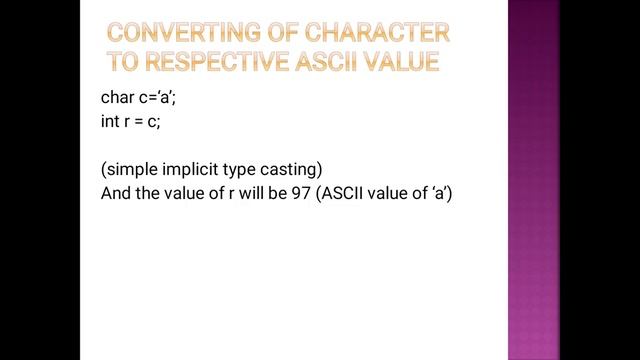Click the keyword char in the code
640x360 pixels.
coord(117,98)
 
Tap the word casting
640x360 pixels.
coord(288,169)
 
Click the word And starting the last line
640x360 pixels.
coord(116,193)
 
